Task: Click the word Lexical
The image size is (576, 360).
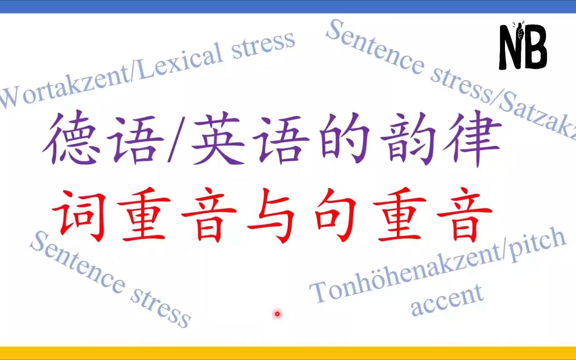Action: (178, 61)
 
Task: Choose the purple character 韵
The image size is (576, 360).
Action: (409, 139)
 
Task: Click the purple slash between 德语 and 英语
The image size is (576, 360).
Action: (177, 139)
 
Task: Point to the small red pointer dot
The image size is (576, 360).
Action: (277, 314)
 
